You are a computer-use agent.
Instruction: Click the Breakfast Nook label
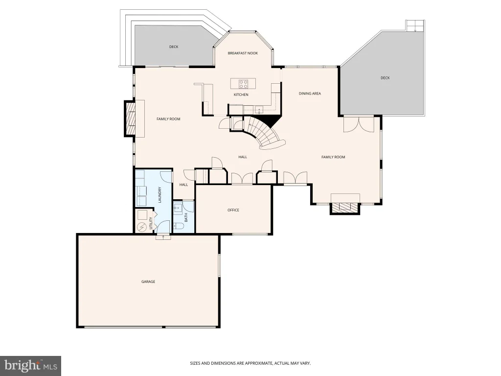(243, 53)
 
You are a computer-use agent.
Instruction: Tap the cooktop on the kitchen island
(243, 84)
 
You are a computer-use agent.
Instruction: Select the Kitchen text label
(241, 94)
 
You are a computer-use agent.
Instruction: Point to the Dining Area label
(310, 94)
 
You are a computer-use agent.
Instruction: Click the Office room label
(233, 210)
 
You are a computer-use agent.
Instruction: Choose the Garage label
(148, 282)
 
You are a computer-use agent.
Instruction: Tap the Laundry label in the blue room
(160, 195)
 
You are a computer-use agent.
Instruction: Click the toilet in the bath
(178, 226)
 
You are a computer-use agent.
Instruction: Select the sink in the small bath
(178, 209)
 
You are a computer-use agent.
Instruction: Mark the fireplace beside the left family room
(130, 118)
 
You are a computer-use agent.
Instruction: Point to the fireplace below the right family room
(345, 208)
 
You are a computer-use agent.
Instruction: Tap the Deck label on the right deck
(385, 78)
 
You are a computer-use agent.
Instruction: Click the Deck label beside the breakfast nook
(174, 47)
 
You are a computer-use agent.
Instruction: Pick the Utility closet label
(151, 223)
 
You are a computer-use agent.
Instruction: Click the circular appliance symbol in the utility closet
(141, 227)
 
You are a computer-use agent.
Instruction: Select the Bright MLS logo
(30, 366)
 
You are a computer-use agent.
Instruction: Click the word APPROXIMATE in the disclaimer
(257, 363)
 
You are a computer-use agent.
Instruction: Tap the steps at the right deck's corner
(415, 25)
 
